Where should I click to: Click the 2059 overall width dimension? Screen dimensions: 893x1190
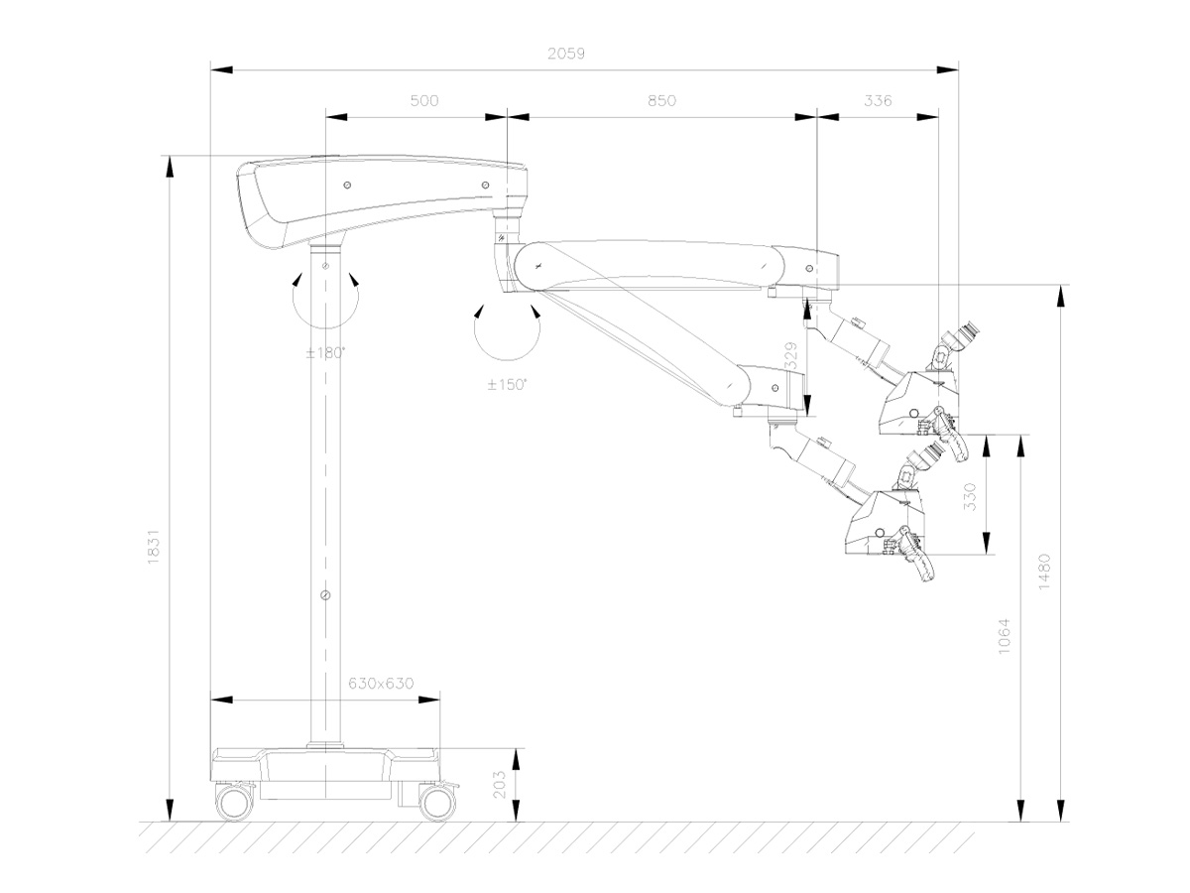pos(566,56)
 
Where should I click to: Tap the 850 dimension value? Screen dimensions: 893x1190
pos(661,100)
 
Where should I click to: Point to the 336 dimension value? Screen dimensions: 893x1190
pos(879,100)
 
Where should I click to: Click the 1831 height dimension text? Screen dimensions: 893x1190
pos(154,546)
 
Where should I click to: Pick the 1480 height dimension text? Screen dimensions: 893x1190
pos(1045,571)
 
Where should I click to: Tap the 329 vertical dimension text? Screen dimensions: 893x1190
pos(790,356)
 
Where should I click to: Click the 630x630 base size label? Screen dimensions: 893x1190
pos(381,684)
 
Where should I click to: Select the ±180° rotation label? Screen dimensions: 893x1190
pos(325,352)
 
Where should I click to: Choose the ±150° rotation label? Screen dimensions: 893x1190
pos(508,384)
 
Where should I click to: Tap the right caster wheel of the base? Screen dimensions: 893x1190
pos(436,802)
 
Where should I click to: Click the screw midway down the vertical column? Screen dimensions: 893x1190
pos(325,594)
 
